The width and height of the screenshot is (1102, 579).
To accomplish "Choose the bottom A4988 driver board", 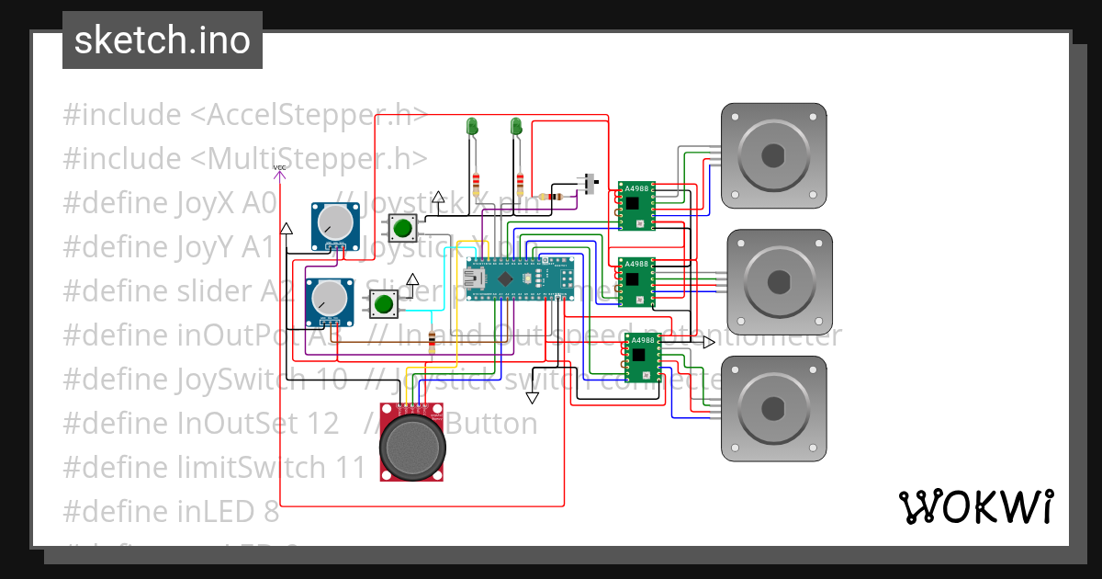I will pos(642,358).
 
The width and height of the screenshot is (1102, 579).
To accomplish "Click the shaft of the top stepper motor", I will pos(773,154).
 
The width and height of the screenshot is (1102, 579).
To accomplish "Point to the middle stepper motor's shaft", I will pos(780,280).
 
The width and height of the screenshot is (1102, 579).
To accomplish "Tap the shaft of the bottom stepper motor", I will pos(773,407).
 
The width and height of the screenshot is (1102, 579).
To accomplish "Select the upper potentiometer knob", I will pos(333,222).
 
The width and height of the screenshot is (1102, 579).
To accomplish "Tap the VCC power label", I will pos(280,168).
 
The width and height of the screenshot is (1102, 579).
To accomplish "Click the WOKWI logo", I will pos(975,506).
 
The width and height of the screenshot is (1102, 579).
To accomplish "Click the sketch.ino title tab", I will pos(163,40).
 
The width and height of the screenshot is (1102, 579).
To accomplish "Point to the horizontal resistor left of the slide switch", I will pos(554,196).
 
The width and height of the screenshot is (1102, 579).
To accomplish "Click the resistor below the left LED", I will pos(476,181).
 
